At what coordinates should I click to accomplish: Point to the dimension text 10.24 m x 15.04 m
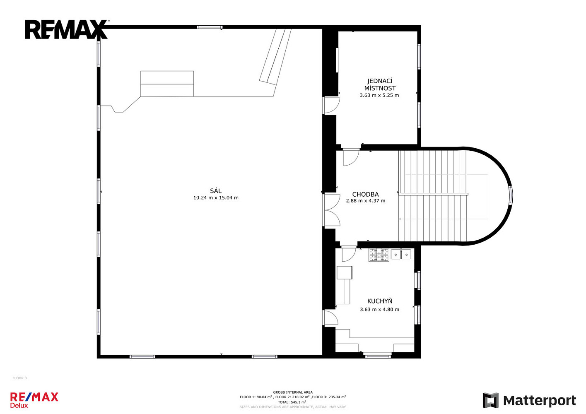[216, 198]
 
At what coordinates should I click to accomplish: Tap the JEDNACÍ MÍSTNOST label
[380, 84]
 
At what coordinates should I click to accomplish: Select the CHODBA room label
[365, 194]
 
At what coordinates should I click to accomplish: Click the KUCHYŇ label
[380, 301]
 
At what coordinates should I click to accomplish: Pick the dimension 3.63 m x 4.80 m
[380, 310]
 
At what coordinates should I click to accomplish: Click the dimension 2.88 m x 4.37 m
[366, 201]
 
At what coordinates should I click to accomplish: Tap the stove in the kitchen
[379, 255]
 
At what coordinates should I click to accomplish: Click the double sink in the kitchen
[401, 254]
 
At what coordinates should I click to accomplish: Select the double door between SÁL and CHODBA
[331, 210]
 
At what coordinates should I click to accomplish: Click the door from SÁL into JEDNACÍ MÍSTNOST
[331, 106]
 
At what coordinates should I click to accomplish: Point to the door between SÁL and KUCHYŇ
[330, 318]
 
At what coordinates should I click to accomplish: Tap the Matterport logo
[529, 400]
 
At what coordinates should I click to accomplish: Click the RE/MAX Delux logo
[34, 400]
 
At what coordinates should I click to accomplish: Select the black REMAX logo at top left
[67, 29]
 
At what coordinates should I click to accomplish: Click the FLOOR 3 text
[19, 378]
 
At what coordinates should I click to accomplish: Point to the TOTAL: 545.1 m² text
[292, 402]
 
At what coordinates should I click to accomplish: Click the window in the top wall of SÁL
[210, 27]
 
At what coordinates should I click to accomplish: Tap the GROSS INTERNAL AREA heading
[293, 392]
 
